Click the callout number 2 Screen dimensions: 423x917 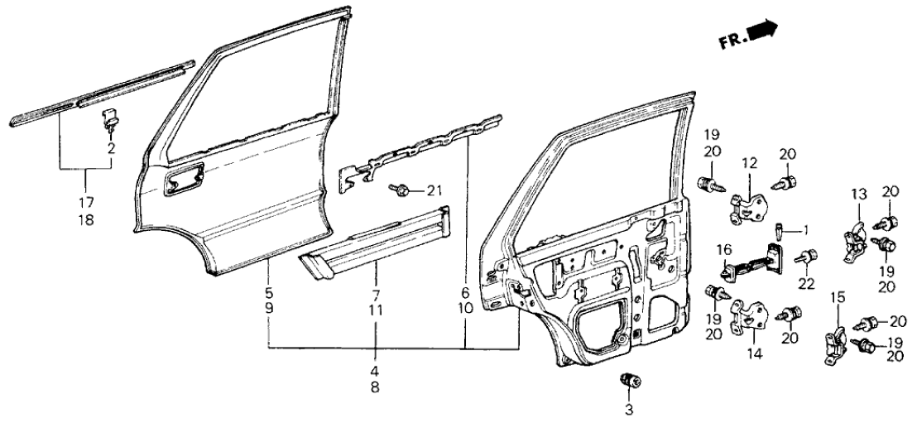(110, 148)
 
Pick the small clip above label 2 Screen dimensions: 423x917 (109, 118)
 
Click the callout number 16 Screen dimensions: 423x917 (723, 248)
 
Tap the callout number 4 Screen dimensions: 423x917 (376, 370)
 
